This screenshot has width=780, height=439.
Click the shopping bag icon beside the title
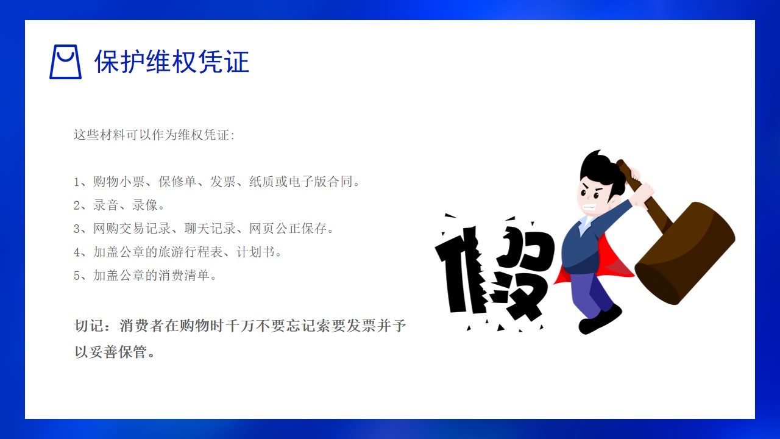[65, 62]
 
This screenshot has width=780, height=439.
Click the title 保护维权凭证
[172, 62]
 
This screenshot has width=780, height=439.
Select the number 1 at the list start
[77, 182]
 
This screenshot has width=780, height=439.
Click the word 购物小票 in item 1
[119, 182]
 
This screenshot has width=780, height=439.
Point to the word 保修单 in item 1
[177, 182]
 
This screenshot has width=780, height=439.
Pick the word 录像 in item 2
[145, 205]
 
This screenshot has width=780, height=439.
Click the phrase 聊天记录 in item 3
[210, 229]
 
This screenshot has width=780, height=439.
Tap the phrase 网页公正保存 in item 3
[288, 229]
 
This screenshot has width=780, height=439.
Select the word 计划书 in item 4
[255, 252]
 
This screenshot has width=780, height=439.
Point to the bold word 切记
[89, 326]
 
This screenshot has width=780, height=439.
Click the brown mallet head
[685, 253]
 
